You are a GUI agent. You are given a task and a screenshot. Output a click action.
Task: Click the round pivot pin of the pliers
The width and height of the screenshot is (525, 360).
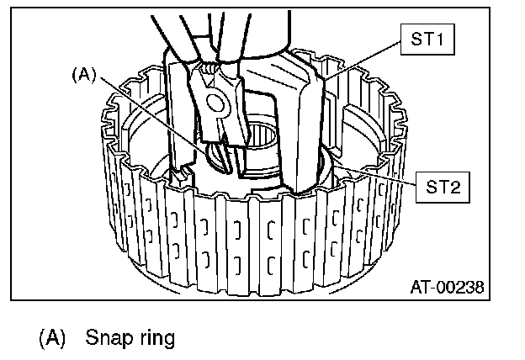(215, 103)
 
